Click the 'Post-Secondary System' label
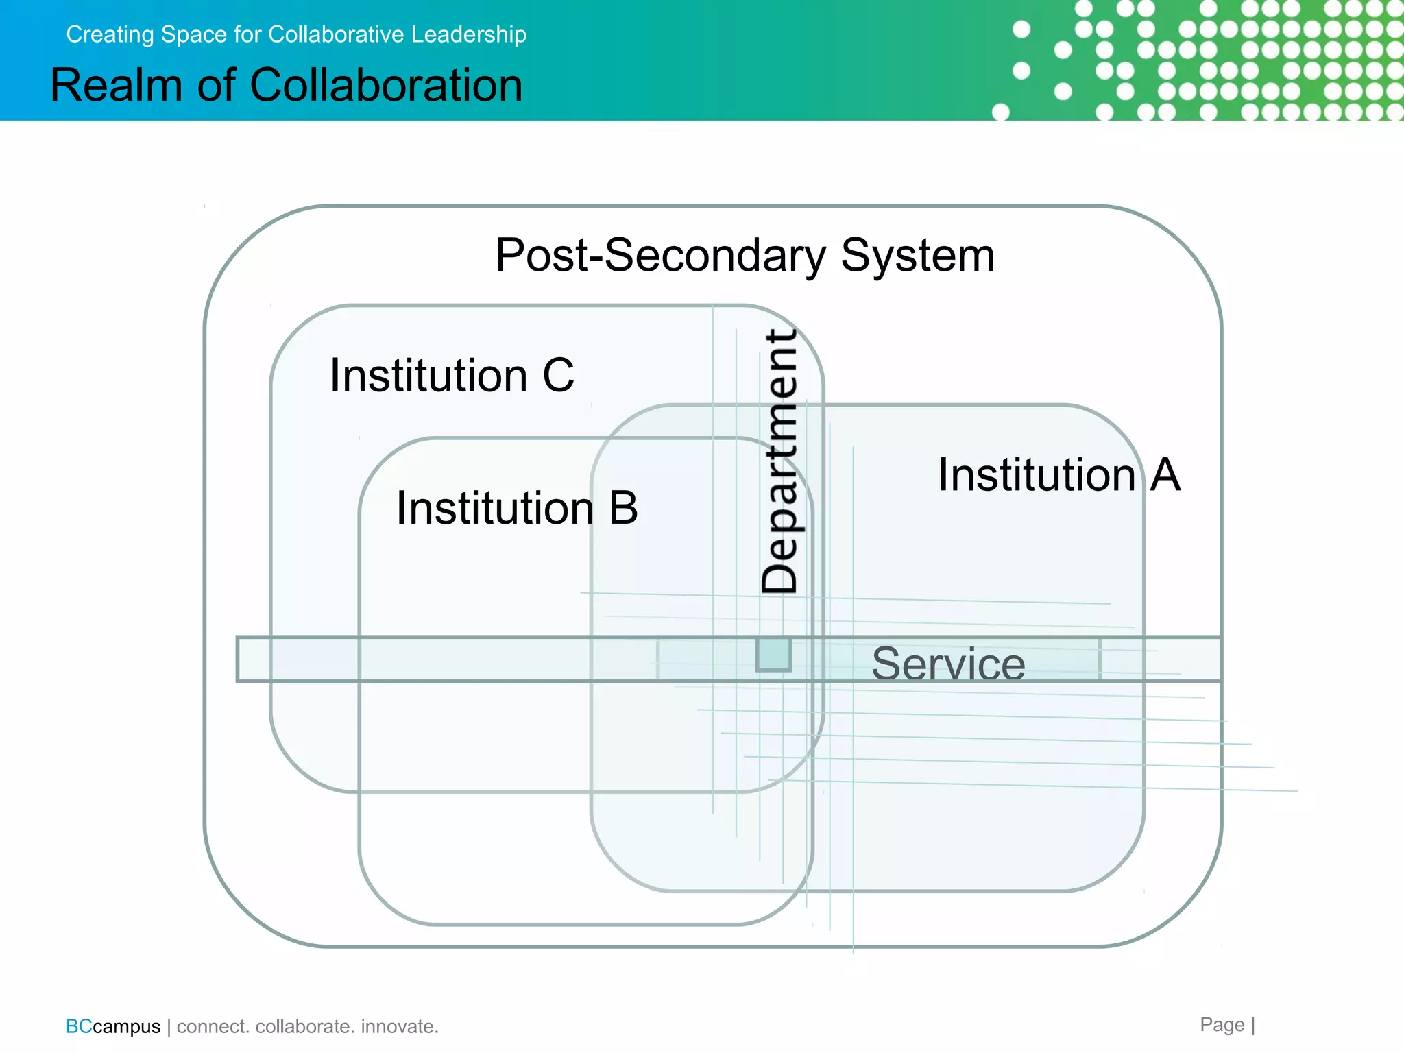tap(745, 256)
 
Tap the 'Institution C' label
tap(452, 376)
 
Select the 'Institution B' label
tap(517, 509)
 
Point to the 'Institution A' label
tap(1058, 474)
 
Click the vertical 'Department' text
tap(780, 461)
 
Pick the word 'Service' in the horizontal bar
tap(948, 664)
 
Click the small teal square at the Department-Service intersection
tap(774, 654)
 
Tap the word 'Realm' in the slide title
tap(117, 86)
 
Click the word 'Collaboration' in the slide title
tap(386, 86)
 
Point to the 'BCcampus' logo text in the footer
tap(113, 1026)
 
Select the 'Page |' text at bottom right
tap(1227, 1025)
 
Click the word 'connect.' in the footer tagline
tap(213, 1026)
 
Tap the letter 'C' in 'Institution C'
tap(558, 376)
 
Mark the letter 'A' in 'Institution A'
tap(1165, 474)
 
